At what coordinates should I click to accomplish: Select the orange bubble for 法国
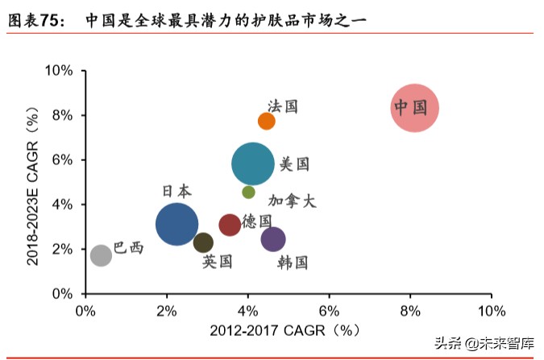[267, 121]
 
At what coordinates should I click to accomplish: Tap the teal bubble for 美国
[253, 163]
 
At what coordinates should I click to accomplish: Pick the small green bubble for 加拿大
[248, 192]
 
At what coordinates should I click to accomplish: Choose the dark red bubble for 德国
[230, 225]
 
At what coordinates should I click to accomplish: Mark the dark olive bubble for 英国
[204, 242]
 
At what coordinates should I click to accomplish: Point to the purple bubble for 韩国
[273, 238]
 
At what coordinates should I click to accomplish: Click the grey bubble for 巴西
[101, 255]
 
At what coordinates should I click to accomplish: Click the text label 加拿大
[292, 201]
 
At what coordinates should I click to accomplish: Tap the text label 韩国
[293, 263]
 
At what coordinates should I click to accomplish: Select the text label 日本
[177, 191]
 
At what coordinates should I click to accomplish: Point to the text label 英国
[218, 261]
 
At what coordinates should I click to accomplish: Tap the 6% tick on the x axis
[329, 311]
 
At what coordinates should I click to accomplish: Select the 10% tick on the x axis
[491, 311]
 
